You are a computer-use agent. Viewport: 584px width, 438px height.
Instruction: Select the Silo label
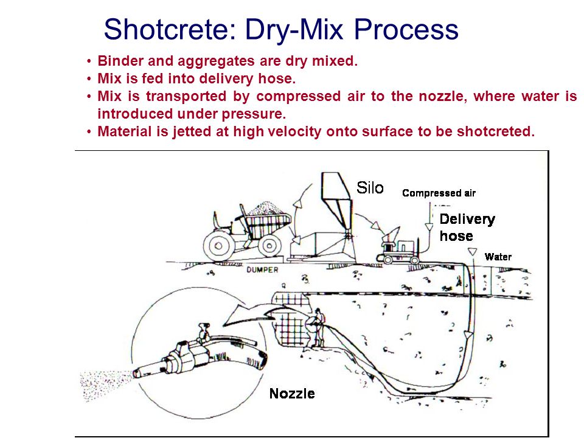[x=370, y=188]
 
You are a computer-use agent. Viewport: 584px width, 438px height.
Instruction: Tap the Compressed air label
[x=439, y=193]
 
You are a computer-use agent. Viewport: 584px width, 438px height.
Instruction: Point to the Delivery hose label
[x=467, y=227]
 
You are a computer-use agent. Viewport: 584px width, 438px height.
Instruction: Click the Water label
[x=498, y=257]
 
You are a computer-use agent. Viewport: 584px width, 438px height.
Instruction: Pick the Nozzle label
[x=292, y=394]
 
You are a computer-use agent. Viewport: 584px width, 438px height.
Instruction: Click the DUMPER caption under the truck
[x=263, y=269]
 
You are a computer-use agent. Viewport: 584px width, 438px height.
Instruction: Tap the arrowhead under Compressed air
[x=428, y=226]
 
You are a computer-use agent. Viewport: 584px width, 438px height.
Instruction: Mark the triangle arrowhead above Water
[x=470, y=252]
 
